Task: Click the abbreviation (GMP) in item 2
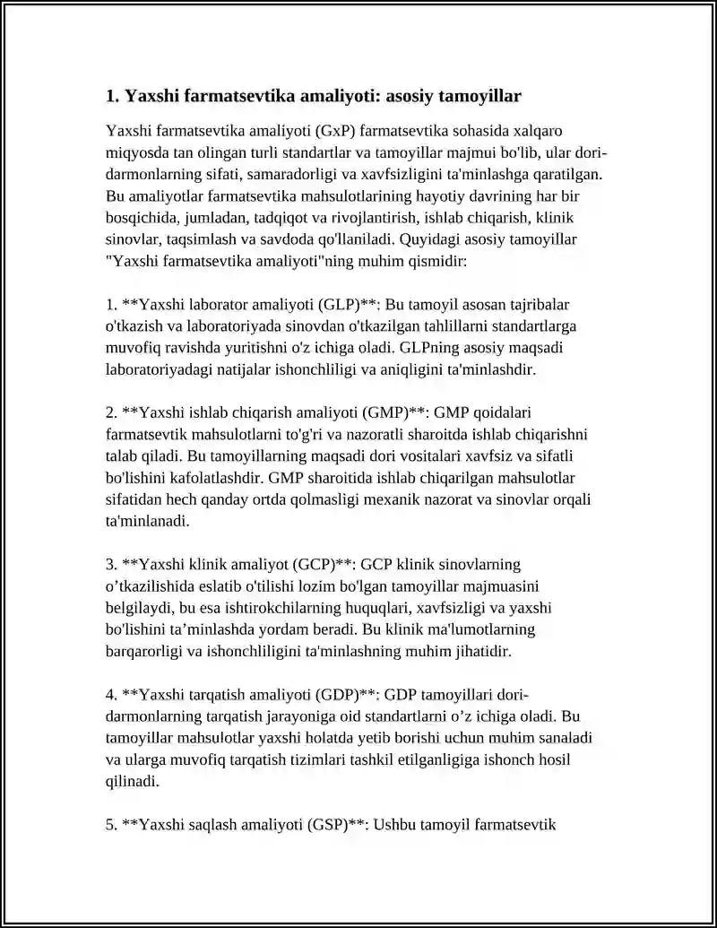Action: (x=385, y=412)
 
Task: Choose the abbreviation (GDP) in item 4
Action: (x=338, y=695)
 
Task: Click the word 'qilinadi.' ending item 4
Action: (x=133, y=781)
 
